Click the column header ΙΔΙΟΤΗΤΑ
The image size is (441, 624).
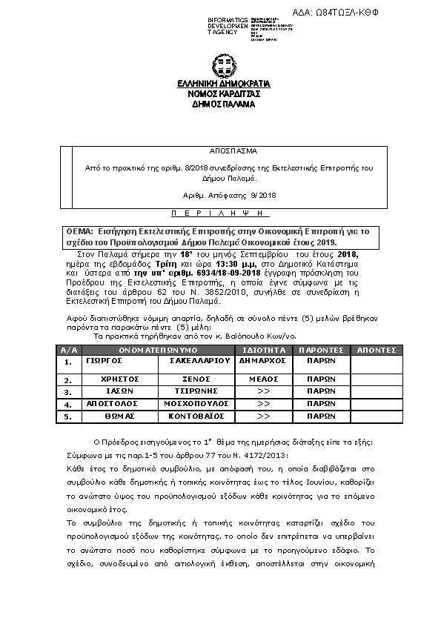pyautogui.click(x=265, y=348)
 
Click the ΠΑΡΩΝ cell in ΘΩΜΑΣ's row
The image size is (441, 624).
pyautogui.click(x=320, y=416)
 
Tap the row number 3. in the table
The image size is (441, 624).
pyautogui.click(x=68, y=391)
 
